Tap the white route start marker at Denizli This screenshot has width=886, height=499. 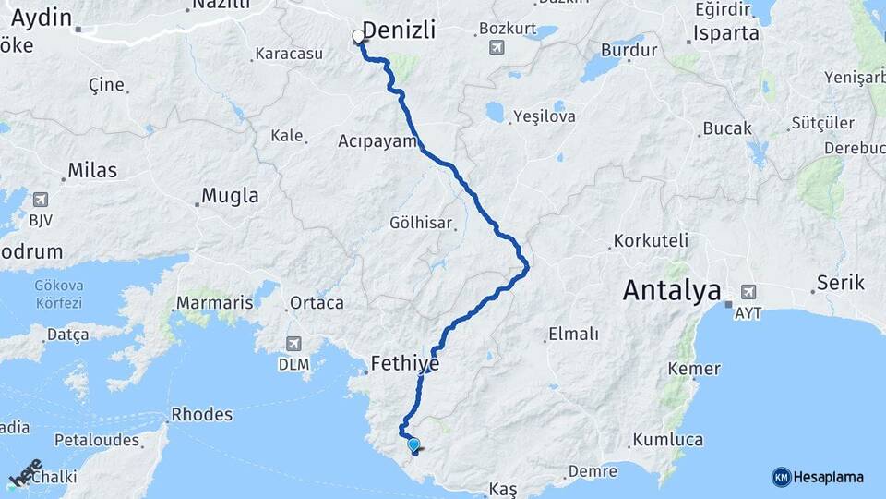(x=358, y=38)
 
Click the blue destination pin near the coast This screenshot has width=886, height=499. (x=413, y=445)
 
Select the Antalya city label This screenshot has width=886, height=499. (x=671, y=291)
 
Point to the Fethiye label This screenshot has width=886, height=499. (x=404, y=364)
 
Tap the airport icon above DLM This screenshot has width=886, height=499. (x=293, y=343)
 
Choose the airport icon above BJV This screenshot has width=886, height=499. (x=41, y=200)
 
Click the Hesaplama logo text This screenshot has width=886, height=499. (x=828, y=477)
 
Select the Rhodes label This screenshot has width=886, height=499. (x=202, y=415)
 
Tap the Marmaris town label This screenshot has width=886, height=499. (x=214, y=303)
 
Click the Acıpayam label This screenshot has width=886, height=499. (x=378, y=141)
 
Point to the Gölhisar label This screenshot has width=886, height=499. (x=421, y=224)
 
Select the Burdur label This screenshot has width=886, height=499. (x=629, y=51)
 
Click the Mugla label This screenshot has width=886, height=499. (x=230, y=196)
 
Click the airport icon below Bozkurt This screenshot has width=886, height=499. (x=497, y=47)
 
